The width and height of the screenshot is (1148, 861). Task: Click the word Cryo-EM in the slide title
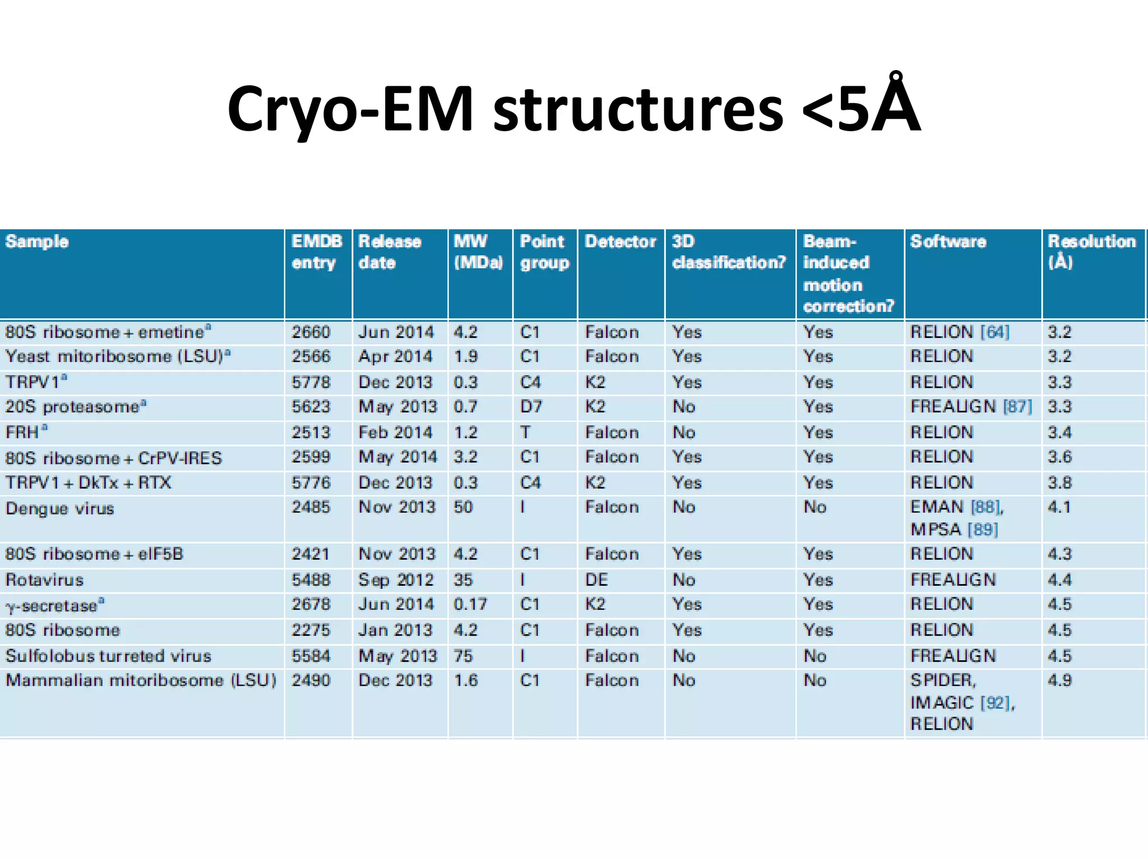(x=350, y=109)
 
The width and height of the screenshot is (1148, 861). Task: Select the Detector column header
(x=620, y=242)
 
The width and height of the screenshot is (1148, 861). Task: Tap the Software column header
(x=948, y=242)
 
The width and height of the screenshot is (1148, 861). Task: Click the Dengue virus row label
(x=59, y=508)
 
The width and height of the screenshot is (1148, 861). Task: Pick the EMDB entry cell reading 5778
(x=311, y=382)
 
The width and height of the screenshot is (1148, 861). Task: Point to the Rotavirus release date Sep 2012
(x=396, y=580)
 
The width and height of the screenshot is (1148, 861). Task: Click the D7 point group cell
(x=530, y=406)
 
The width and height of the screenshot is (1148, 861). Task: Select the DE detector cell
(x=596, y=580)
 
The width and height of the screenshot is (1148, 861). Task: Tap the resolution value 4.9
(x=1059, y=681)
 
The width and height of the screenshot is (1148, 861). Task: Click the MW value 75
(x=464, y=656)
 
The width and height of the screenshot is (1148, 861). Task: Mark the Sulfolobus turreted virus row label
(x=108, y=656)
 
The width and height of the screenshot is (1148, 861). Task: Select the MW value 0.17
(x=470, y=604)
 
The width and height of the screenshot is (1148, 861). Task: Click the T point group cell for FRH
(x=525, y=432)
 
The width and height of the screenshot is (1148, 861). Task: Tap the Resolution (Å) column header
(x=1091, y=252)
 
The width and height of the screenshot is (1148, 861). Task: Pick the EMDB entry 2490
(x=311, y=681)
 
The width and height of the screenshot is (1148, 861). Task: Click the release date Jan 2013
(x=396, y=630)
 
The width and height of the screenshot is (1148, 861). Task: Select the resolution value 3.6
(x=1059, y=457)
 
